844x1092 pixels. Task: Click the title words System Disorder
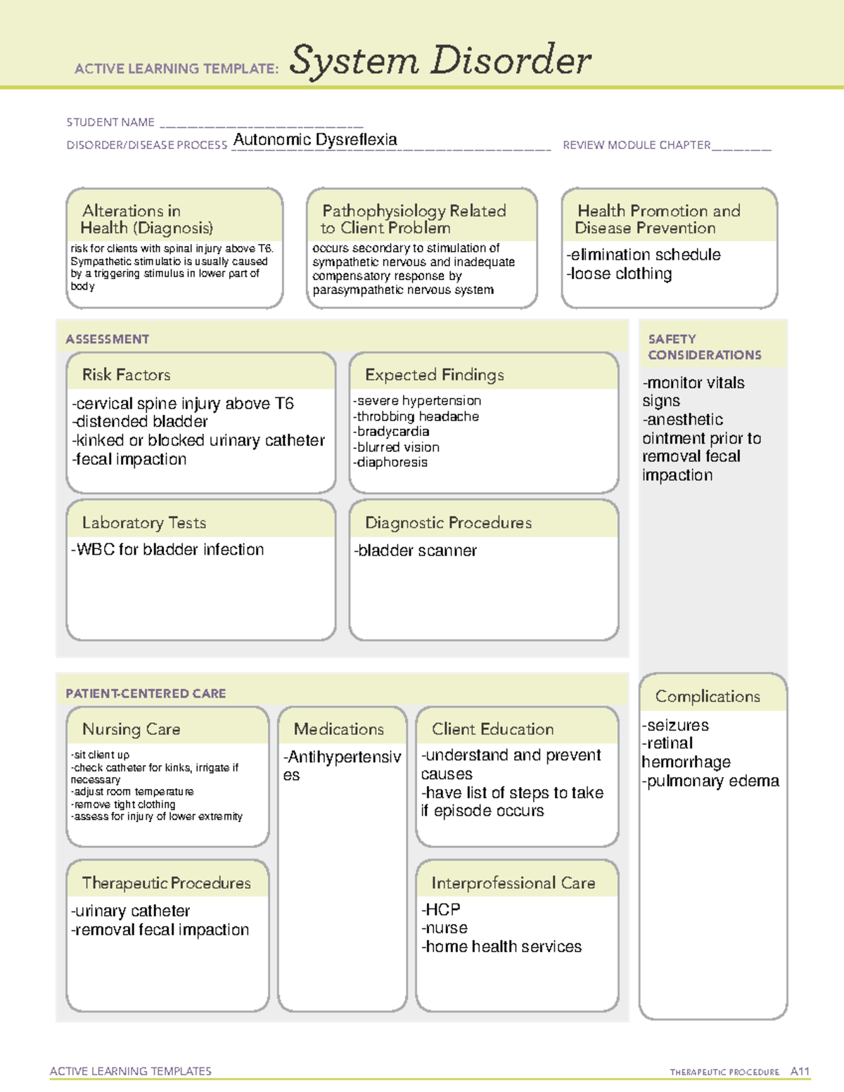[440, 60]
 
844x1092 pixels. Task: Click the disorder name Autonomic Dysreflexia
[315, 140]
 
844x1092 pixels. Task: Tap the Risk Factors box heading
[127, 375]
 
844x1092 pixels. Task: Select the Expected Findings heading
[435, 375]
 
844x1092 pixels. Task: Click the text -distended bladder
[140, 422]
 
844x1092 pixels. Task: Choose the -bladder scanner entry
[415, 551]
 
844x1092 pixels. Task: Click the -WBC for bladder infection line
[167, 550]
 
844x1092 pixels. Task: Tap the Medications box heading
[339, 729]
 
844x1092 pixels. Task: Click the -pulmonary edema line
[710, 781]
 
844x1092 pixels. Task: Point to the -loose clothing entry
[619, 274]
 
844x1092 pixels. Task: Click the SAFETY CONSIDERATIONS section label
[704, 347]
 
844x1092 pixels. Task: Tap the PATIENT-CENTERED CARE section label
[146, 693]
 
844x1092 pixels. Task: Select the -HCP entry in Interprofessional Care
[441, 910]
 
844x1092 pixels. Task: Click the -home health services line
[501, 947]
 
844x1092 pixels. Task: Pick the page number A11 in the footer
[800, 1072]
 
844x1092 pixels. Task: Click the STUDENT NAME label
[110, 122]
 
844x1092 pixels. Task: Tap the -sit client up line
[100, 754]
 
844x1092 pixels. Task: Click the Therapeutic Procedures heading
[167, 883]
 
